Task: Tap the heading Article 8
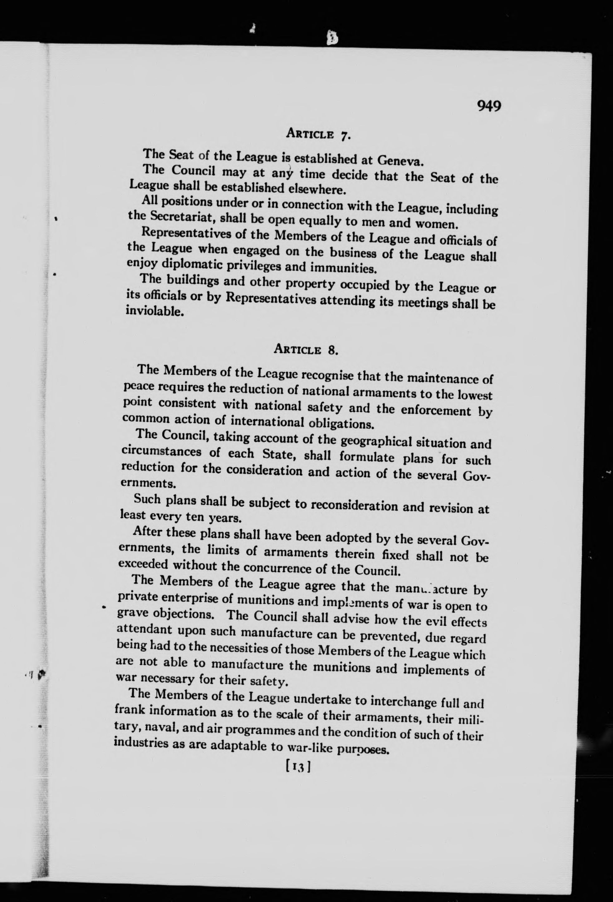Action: coord(306,350)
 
